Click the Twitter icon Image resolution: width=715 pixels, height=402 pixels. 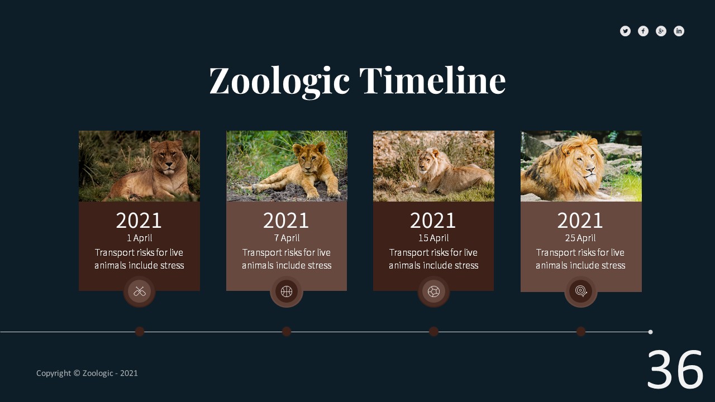pos(625,31)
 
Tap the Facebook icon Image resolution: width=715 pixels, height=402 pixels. pos(643,31)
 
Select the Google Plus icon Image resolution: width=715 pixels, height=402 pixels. pos(661,31)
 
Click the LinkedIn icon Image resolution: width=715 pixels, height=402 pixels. pos(679,31)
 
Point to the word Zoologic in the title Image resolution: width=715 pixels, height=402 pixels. pos(279,82)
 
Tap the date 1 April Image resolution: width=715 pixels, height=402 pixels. pos(139,238)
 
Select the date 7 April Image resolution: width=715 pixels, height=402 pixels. pos(287,238)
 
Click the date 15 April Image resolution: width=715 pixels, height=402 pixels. pos(433,238)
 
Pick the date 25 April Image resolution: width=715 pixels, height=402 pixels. pos(580,238)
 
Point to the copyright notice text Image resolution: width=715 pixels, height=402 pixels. pos(87,374)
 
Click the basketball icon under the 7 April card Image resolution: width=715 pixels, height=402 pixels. pos(287,291)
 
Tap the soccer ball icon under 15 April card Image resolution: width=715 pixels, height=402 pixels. pos(433,291)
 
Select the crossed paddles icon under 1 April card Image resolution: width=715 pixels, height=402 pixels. pos(139,291)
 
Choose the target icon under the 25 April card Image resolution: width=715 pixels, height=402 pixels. pos(581,291)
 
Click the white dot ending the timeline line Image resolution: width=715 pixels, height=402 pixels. pos(650,332)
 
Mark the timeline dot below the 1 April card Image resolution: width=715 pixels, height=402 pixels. pos(140,332)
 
